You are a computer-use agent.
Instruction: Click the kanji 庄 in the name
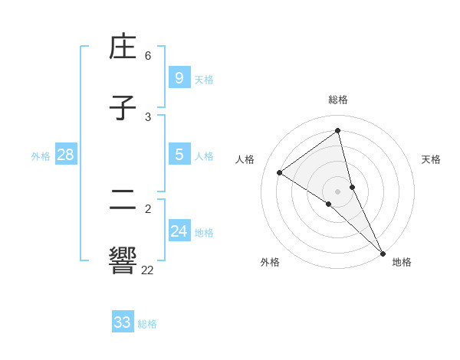[x=123, y=48]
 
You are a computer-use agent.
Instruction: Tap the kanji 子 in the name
[x=123, y=109]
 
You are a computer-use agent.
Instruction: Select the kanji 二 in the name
[x=123, y=200]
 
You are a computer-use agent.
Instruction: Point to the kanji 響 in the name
[x=123, y=260]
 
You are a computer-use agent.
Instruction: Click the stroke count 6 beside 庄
[x=148, y=56]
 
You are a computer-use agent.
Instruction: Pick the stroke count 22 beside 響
[x=147, y=270]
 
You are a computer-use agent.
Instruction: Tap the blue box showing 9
[x=179, y=77]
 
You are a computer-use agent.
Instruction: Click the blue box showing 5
[x=179, y=155]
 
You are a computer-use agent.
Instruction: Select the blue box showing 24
[x=179, y=231]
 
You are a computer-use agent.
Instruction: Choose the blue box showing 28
[x=65, y=155]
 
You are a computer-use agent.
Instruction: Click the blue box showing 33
[x=122, y=322]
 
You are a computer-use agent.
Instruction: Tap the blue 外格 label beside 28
[x=41, y=156]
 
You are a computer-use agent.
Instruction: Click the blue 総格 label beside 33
[x=147, y=324]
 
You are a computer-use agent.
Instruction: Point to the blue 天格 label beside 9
[x=204, y=80]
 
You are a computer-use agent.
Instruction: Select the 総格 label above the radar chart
[x=338, y=100]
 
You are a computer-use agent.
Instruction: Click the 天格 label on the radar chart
[x=432, y=159]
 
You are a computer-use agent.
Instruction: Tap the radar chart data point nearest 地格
[x=383, y=253]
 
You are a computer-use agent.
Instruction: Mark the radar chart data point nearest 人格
[x=279, y=172]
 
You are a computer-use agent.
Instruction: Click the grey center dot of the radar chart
[x=338, y=191]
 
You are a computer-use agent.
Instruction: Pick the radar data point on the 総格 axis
[x=338, y=131]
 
